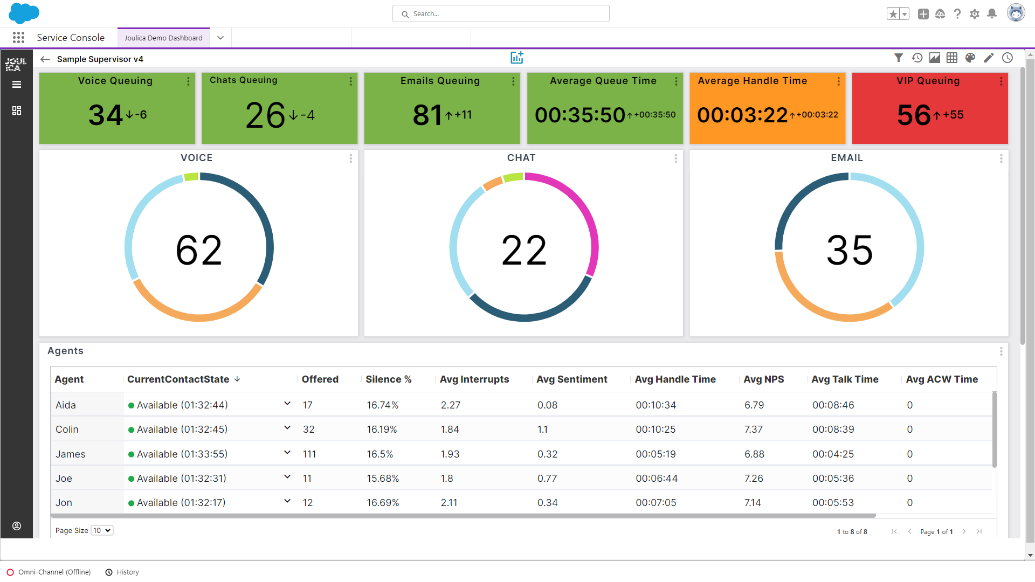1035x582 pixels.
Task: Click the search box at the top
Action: pos(501,14)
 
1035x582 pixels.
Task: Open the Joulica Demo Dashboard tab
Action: pos(163,38)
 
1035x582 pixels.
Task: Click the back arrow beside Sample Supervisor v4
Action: pos(45,59)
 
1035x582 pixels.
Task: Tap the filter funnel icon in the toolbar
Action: pos(899,58)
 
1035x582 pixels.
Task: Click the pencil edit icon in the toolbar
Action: pos(989,58)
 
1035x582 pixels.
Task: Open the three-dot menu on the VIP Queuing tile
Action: pos(1001,81)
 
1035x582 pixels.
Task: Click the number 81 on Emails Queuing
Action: pos(427,115)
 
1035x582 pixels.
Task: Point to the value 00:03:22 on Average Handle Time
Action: pos(742,115)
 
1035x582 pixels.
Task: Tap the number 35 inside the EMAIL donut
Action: pos(850,250)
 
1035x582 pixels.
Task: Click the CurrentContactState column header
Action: pos(178,379)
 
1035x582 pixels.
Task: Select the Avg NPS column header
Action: pos(764,379)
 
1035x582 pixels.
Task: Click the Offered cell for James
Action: pos(309,454)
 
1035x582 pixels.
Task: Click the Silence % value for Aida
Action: pos(383,405)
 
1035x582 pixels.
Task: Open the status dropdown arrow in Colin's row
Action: pos(287,428)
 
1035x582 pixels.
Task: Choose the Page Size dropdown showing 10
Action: pos(102,531)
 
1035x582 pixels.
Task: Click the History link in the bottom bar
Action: pos(128,572)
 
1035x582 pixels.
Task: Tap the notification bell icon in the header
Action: pos(992,14)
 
